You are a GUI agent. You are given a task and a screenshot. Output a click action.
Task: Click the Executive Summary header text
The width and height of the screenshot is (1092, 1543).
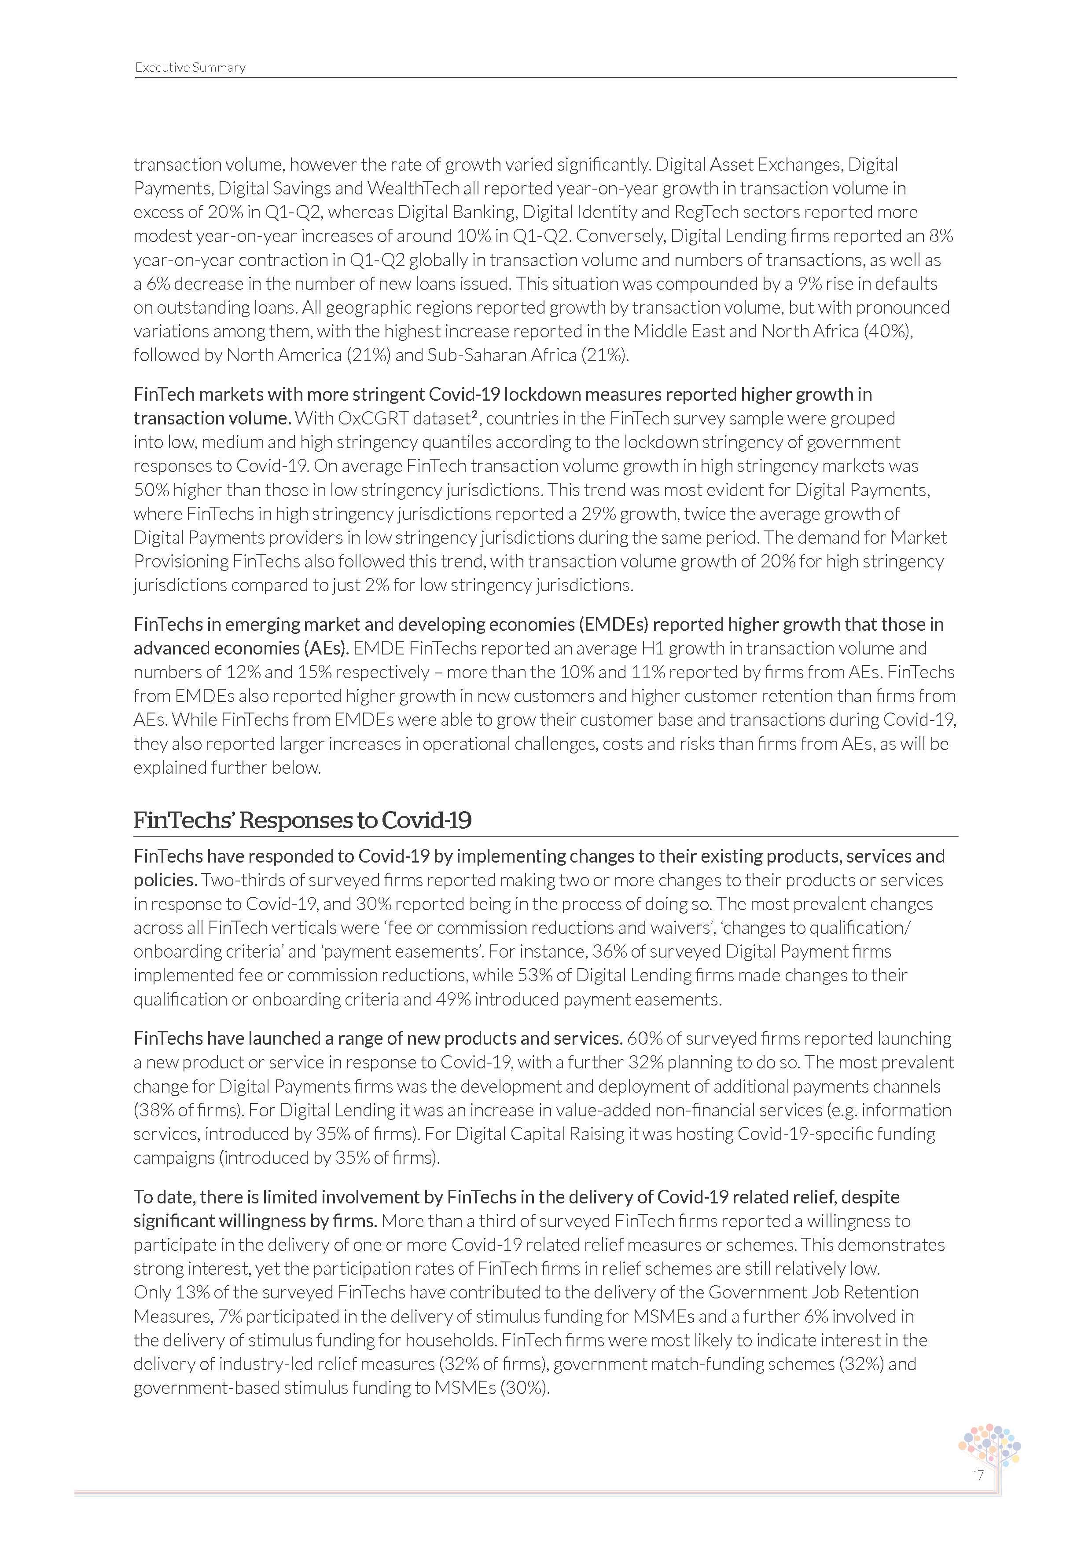click(190, 67)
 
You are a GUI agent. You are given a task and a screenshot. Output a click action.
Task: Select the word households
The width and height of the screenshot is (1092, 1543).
click(451, 1340)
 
